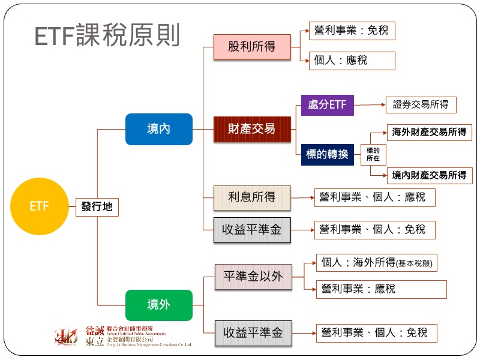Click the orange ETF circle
click(x=39, y=207)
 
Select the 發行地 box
click(x=97, y=208)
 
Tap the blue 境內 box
click(x=158, y=129)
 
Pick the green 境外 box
click(x=158, y=305)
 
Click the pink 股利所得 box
click(x=252, y=47)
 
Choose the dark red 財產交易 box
click(x=252, y=129)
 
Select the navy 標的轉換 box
click(x=327, y=154)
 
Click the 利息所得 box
click(x=252, y=197)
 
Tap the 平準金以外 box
click(x=252, y=277)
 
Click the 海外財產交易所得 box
click(x=429, y=132)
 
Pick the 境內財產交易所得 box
click(x=429, y=175)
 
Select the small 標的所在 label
click(x=373, y=154)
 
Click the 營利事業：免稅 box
click(x=352, y=30)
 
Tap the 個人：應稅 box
click(x=352, y=61)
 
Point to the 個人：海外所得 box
click(x=377, y=263)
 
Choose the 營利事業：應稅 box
click(x=381, y=289)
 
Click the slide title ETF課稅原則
click(x=107, y=36)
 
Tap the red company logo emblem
click(x=66, y=337)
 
